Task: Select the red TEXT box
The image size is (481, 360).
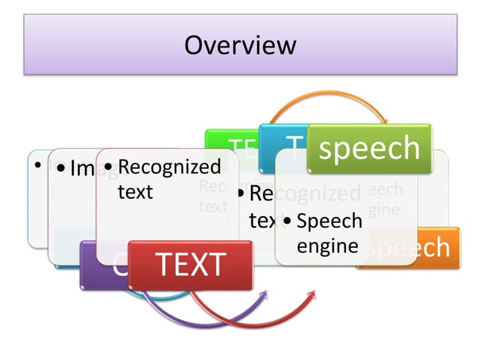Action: pyautogui.click(x=189, y=265)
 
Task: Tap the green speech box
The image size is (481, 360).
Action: pyautogui.click(x=369, y=148)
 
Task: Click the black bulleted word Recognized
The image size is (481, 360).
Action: pyautogui.click(x=170, y=166)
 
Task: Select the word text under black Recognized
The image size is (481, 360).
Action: pyautogui.click(x=135, y=191)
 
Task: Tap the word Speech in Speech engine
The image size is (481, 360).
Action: pyautogui.click(x=329, y=221)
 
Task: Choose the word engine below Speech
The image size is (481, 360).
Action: pyautogui.click(x=326, y=246)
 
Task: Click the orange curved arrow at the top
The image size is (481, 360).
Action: pyautogui.click(x=324, y=99)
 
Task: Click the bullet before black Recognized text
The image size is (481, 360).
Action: pyautogui.click(x=109, y=166)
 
